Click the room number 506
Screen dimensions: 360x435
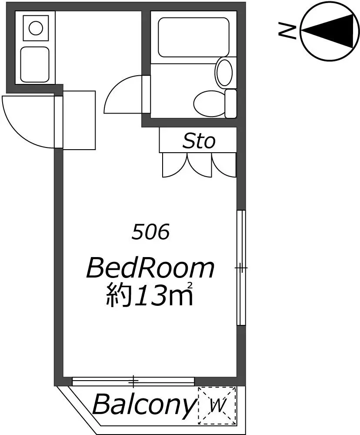coord(150,232)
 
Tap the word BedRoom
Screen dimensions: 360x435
coord(150,268)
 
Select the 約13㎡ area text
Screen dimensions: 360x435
coord(150,294)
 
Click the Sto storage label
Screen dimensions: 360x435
coord(199,141)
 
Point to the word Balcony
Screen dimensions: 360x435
coord(143,405)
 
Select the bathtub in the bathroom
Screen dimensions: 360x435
coord(193,37)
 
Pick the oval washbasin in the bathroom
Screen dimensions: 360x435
coord(224,72)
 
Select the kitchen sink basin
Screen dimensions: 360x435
coord(35,64)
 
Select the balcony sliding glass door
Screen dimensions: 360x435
coord(133,381)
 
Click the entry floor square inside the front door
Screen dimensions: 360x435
coord(79,120)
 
